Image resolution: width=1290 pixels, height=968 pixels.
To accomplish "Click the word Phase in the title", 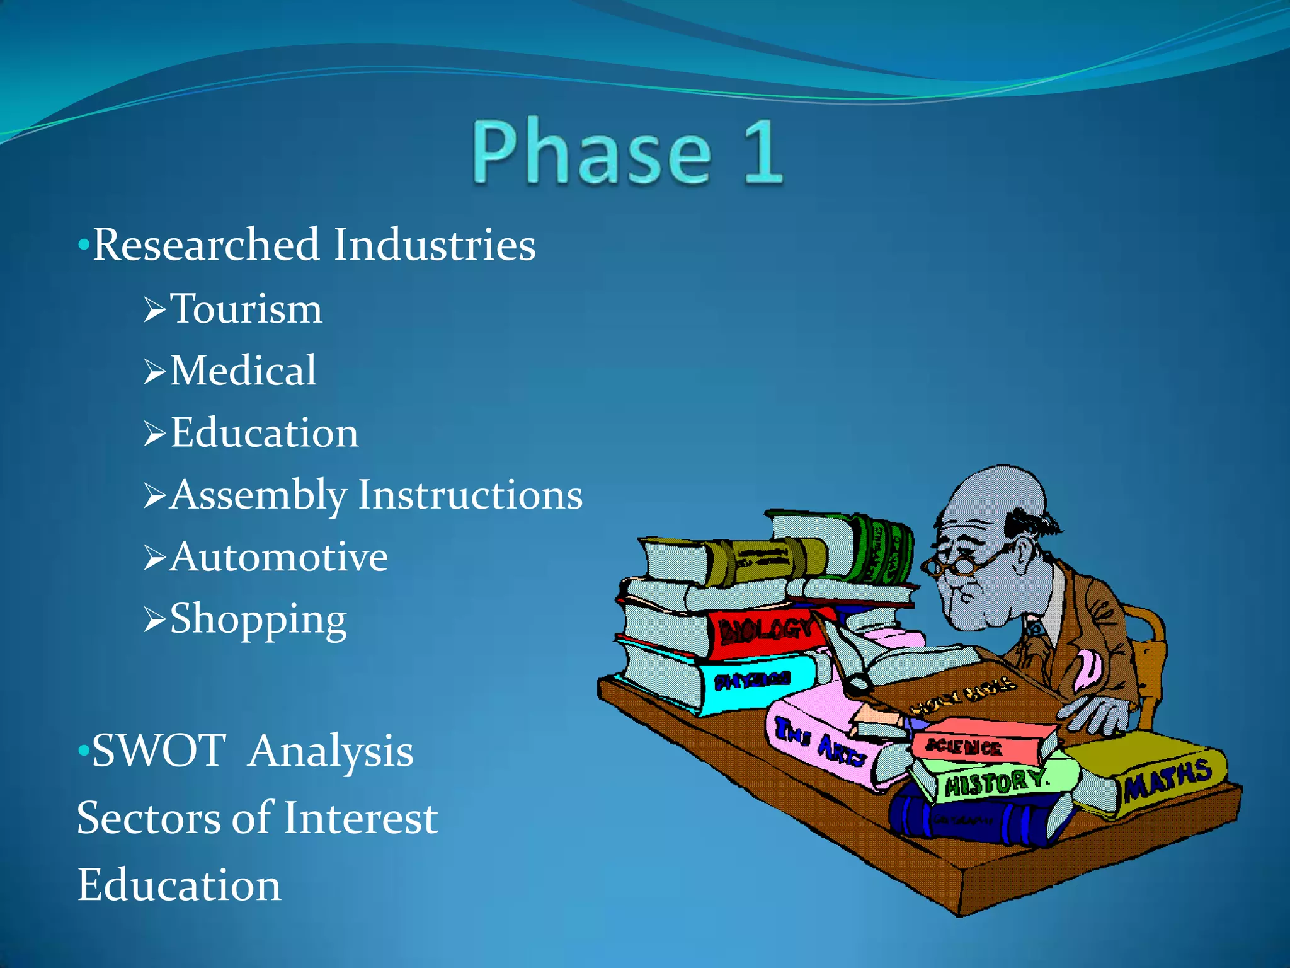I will pyautogui.click(x=592, y=153).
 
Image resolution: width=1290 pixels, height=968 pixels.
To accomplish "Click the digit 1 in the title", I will pyautogui.click(x=763, y=153).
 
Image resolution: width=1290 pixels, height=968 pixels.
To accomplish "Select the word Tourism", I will pyautogui.click(x=246, y=309).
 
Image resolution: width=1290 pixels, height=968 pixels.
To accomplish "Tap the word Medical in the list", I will pyautogui.click(x=243, y=371).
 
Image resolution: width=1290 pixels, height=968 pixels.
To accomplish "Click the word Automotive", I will pyautogui.click(x=278, y=557).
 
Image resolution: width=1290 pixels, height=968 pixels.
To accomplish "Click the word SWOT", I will pyautogui.click(x=159, y=751).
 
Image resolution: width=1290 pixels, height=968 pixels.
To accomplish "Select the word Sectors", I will pyautogui.click(x=148, y=818).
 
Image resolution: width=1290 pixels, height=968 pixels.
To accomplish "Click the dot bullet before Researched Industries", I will pyautogui.click(x=83, y=245).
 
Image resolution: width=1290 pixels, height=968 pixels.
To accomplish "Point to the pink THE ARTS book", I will pyautogui.click(x=825, y=744).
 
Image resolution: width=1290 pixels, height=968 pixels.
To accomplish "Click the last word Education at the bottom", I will pyautogui.click(x=179, y=885).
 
